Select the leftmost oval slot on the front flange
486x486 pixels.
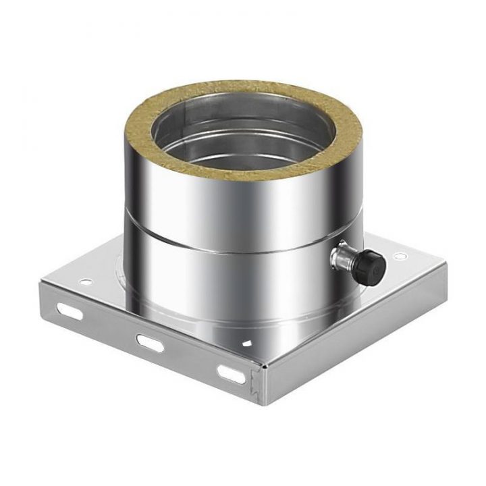pos(70,311)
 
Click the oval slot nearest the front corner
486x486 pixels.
pos(230,372)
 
